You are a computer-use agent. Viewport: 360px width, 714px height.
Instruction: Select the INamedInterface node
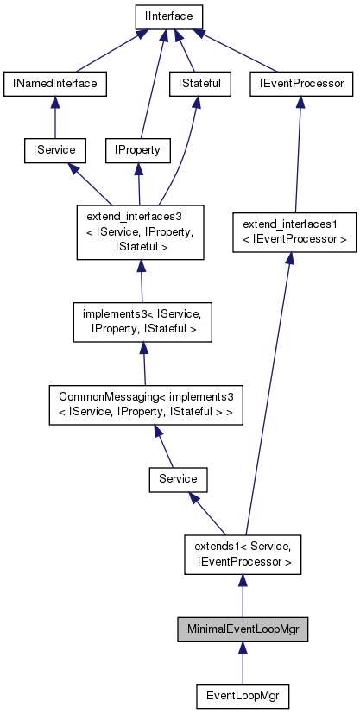(55, 84)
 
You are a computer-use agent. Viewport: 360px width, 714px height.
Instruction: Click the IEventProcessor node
(302, 84)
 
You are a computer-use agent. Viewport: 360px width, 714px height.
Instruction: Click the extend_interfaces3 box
(141, 232)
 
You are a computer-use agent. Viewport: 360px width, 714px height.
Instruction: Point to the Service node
(179, 478)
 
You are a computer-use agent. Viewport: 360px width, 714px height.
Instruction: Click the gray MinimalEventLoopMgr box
(243, 629)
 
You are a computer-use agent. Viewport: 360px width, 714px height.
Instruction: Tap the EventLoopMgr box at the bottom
(243, 695)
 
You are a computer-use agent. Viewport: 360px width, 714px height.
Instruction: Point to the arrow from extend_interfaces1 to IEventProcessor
(298, 155)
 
